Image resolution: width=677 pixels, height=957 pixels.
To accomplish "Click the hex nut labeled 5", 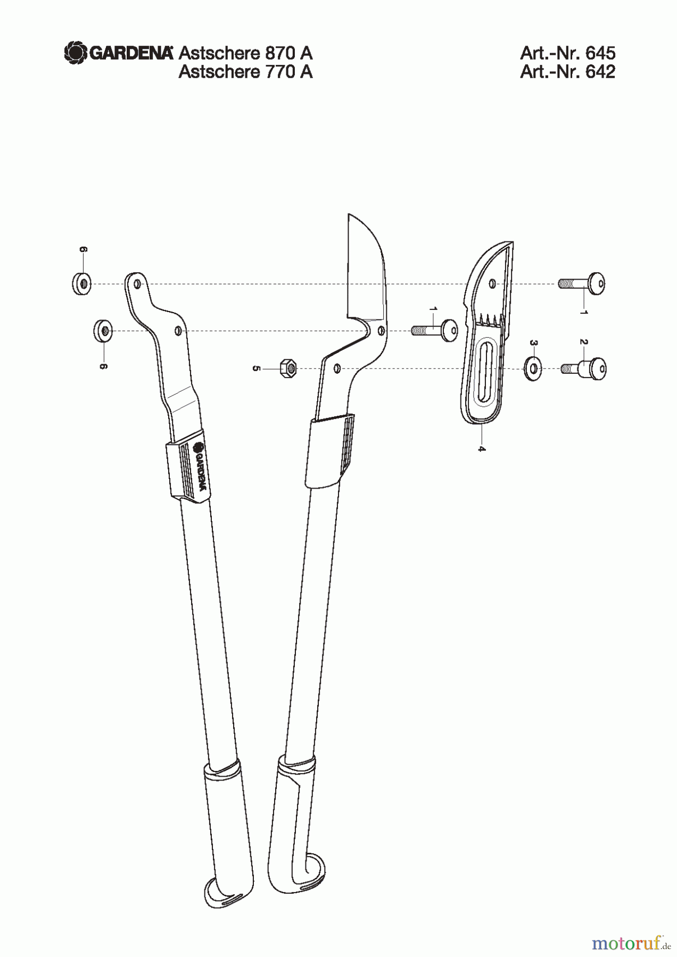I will coord(287,367).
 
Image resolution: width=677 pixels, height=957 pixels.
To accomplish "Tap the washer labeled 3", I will coord(533,368).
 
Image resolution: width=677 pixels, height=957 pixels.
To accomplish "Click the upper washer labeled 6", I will coord(81,283).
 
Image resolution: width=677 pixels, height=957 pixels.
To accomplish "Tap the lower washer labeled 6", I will coord(102,331).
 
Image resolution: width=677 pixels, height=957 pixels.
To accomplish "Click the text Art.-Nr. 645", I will coord(567,53).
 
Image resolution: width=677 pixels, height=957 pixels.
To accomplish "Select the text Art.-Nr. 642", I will coord(567,72).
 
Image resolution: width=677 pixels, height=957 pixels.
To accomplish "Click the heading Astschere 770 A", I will coord(245,72).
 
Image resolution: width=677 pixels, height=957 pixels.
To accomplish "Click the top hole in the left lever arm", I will coord(137,284).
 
